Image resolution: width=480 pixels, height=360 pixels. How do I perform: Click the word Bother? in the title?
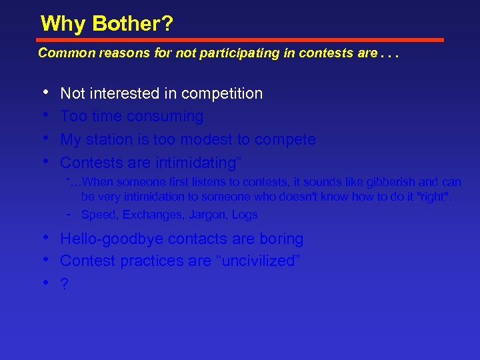point(133,24)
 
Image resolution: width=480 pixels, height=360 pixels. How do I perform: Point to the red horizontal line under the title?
point(240,40)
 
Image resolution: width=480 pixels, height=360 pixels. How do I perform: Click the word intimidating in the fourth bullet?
point(195,163)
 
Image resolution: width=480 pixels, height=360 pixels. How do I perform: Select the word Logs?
point(245,215)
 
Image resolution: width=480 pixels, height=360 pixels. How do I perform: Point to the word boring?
point(281,239)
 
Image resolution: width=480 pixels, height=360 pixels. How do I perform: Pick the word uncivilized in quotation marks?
point(255,261)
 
